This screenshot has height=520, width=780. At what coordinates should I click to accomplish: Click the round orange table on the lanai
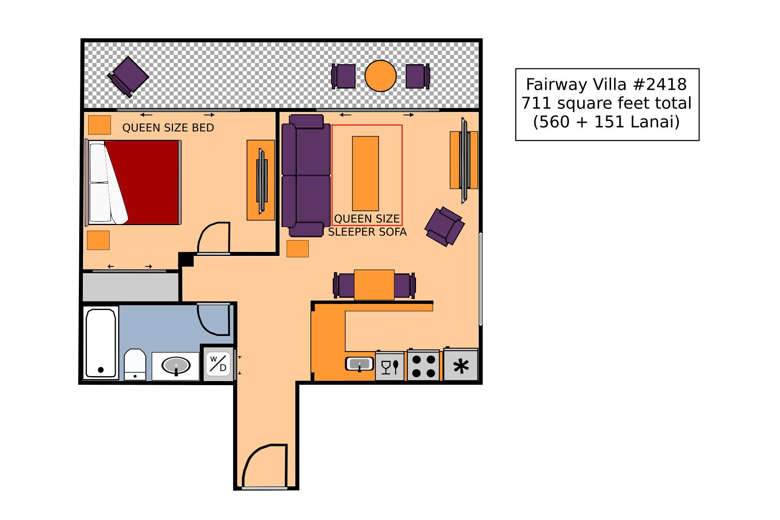380,76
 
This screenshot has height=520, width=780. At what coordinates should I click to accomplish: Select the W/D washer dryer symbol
219,364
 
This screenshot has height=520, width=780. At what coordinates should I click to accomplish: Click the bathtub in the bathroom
100,343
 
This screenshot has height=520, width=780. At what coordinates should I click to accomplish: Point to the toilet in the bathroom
135,364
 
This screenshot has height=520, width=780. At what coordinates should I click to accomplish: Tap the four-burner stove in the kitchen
424,366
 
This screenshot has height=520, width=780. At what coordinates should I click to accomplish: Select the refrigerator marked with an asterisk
461,366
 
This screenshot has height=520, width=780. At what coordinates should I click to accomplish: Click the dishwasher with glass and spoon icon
390,366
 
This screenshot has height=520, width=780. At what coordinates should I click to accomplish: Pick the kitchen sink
360,363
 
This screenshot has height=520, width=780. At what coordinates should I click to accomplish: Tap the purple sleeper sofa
306,175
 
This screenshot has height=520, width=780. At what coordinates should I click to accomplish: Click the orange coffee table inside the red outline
365,173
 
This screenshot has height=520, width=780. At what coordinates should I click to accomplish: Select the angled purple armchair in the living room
444,226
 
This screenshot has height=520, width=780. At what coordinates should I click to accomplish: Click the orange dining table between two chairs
374,284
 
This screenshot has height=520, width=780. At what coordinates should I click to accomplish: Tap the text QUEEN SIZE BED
168,128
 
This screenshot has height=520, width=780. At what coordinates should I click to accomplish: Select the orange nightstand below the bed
98,240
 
